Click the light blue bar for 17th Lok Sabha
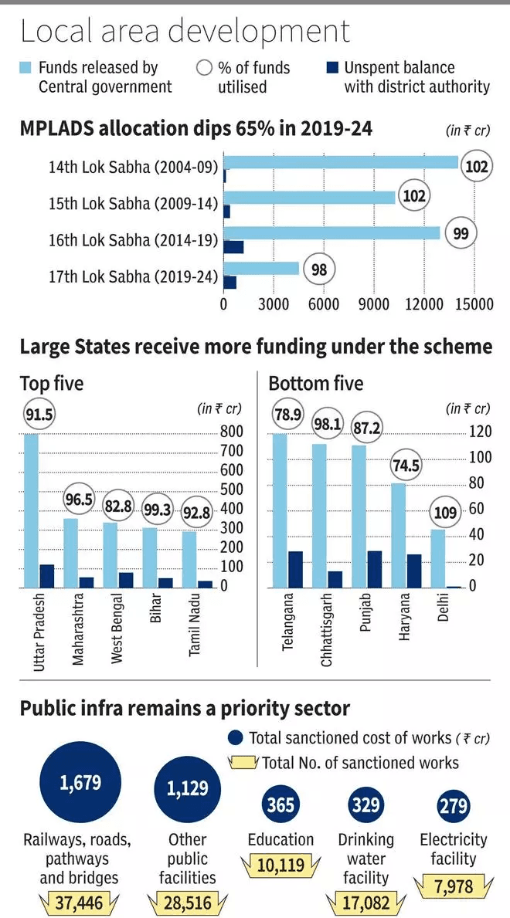(x=261, y=269)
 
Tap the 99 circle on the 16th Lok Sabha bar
(x=461, y=233)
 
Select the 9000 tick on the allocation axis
(x=374, y=304)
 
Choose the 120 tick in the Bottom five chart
(x=479, y=431)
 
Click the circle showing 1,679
(x=80, y=783)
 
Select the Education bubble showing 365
(x=280, y=805)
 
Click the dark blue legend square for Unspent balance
(x=332, y=68)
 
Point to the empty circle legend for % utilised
(x=205, y=68)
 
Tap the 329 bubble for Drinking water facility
(x=366, y=805)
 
